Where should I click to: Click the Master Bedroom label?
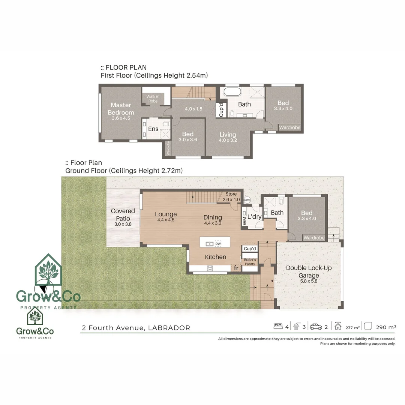(120, 108)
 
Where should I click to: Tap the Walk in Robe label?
(153, 99)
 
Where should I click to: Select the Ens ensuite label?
(153, 129)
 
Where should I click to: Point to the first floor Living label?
(228, 135)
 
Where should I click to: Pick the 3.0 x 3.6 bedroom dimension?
(187, 139)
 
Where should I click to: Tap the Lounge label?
(166, 214)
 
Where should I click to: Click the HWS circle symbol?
(247, 200)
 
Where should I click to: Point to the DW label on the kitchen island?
(218, 244)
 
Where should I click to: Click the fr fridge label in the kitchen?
(236, 268)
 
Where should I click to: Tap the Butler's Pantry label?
(250, 262)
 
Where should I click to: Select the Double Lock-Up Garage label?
(309, 271)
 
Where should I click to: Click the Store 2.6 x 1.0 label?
(231, 196)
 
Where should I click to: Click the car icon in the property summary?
(316, 327)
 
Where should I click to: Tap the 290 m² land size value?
(386, 327)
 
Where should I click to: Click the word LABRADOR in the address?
(169, 328)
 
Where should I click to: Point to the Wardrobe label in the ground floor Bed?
(314, 238)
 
